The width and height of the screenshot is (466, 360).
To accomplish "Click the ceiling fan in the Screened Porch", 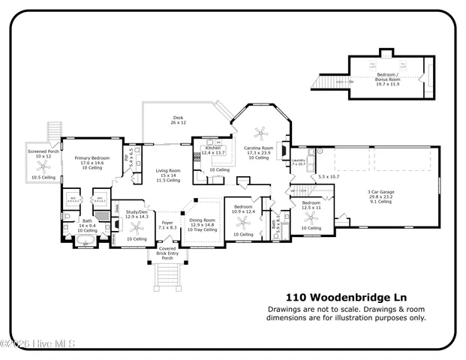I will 43,167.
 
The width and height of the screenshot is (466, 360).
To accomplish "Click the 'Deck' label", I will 178,118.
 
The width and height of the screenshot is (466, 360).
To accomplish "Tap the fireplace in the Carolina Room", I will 283,149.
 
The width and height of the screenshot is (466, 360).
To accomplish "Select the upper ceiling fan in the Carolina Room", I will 261,133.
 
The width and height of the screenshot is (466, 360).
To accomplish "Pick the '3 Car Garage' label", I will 379,192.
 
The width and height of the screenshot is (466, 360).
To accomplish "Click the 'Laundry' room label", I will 298,160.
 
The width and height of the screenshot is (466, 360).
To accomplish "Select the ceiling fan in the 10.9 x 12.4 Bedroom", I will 243,222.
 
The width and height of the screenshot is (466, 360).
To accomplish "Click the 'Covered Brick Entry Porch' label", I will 166,253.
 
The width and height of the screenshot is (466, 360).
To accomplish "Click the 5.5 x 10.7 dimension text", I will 329,176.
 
